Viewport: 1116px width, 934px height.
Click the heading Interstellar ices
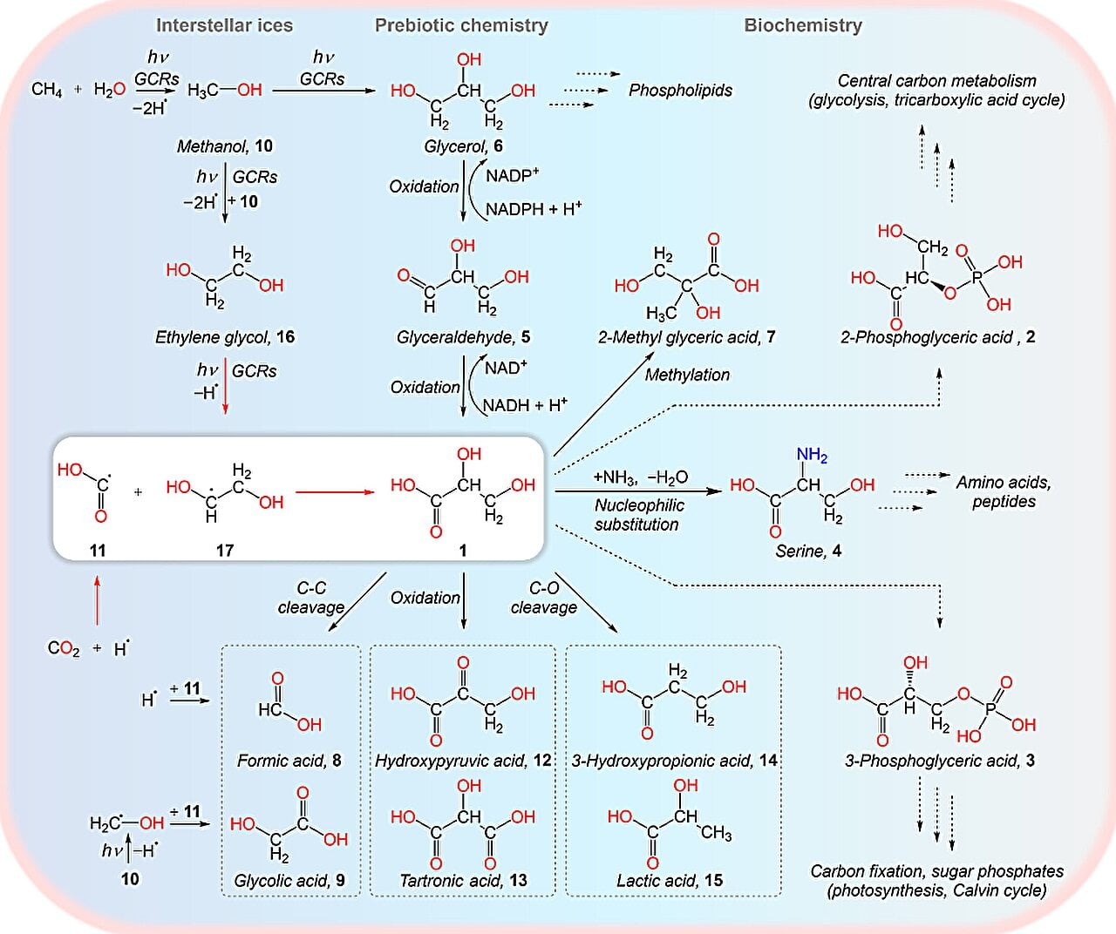(x=224, y=25)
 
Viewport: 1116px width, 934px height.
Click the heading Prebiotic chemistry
(x=461, y=25)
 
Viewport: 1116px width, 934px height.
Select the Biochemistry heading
(x=802, y=25)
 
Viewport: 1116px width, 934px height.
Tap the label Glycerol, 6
(x=463, y=146)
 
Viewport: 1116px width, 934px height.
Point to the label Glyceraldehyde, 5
(x=463, y=337)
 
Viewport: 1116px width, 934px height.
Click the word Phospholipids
(x=680, y=90)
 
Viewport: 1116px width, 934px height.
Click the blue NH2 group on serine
(x=812, y=455)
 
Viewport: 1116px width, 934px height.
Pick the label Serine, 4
(x=808, y=551)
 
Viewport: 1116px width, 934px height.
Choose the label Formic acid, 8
(x=289, y=761)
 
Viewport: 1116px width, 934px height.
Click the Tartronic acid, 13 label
(x=463, y=881)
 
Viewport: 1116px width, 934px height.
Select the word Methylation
(x=687, y=375)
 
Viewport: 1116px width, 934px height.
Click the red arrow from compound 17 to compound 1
(x=335, y=492)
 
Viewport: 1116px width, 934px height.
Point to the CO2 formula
(x=64, y=648)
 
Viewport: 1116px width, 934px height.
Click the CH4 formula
(x=46, y=90)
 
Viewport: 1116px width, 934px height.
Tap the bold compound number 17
(x=224, y=551)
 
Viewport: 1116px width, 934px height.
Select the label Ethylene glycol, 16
(x=225, y=337)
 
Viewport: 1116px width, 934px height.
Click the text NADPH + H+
(x=534, y=209)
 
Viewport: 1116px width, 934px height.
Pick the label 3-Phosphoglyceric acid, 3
(x=939, y=761)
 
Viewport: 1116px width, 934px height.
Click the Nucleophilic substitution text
(x=638, y=515)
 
